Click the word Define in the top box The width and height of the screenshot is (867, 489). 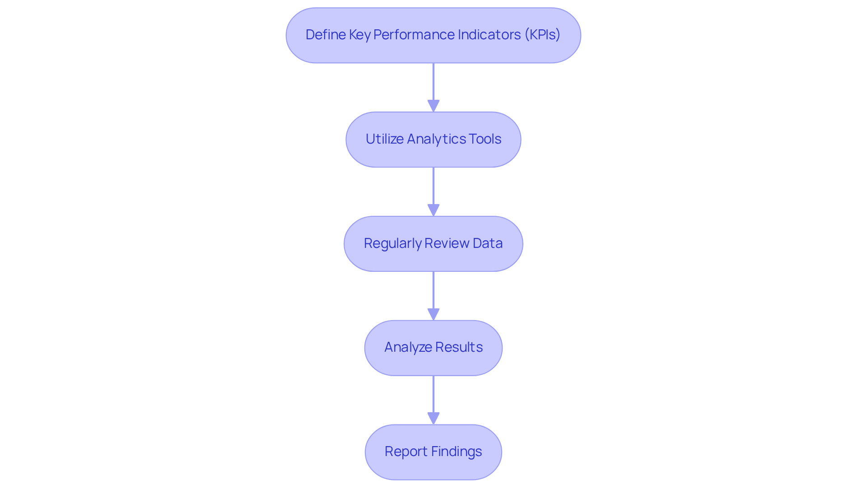click(x=325, y=35)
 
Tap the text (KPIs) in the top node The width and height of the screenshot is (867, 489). click(x=542, y=35)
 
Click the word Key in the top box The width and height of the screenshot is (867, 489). click(x=359, y=35)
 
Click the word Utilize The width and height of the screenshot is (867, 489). click(x=384, y=139)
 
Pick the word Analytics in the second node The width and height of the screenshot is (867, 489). click(x=435, y=139)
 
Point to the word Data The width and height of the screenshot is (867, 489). click(x=487, y=243)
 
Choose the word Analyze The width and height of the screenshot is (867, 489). click(x=407, y=347)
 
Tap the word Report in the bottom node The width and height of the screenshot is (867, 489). click(x=406, y=452)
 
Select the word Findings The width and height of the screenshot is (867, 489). click(x=457, y=452)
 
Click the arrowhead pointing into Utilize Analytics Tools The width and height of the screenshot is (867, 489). click(x=433, y=106)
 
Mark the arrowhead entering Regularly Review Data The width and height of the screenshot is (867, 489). click(x=433, y=210)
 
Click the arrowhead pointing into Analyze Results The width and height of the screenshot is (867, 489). click(x=433, y=315)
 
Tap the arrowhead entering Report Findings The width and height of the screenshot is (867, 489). click(x=433, y=419)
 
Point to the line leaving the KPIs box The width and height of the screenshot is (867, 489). click(x=433, y=81)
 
